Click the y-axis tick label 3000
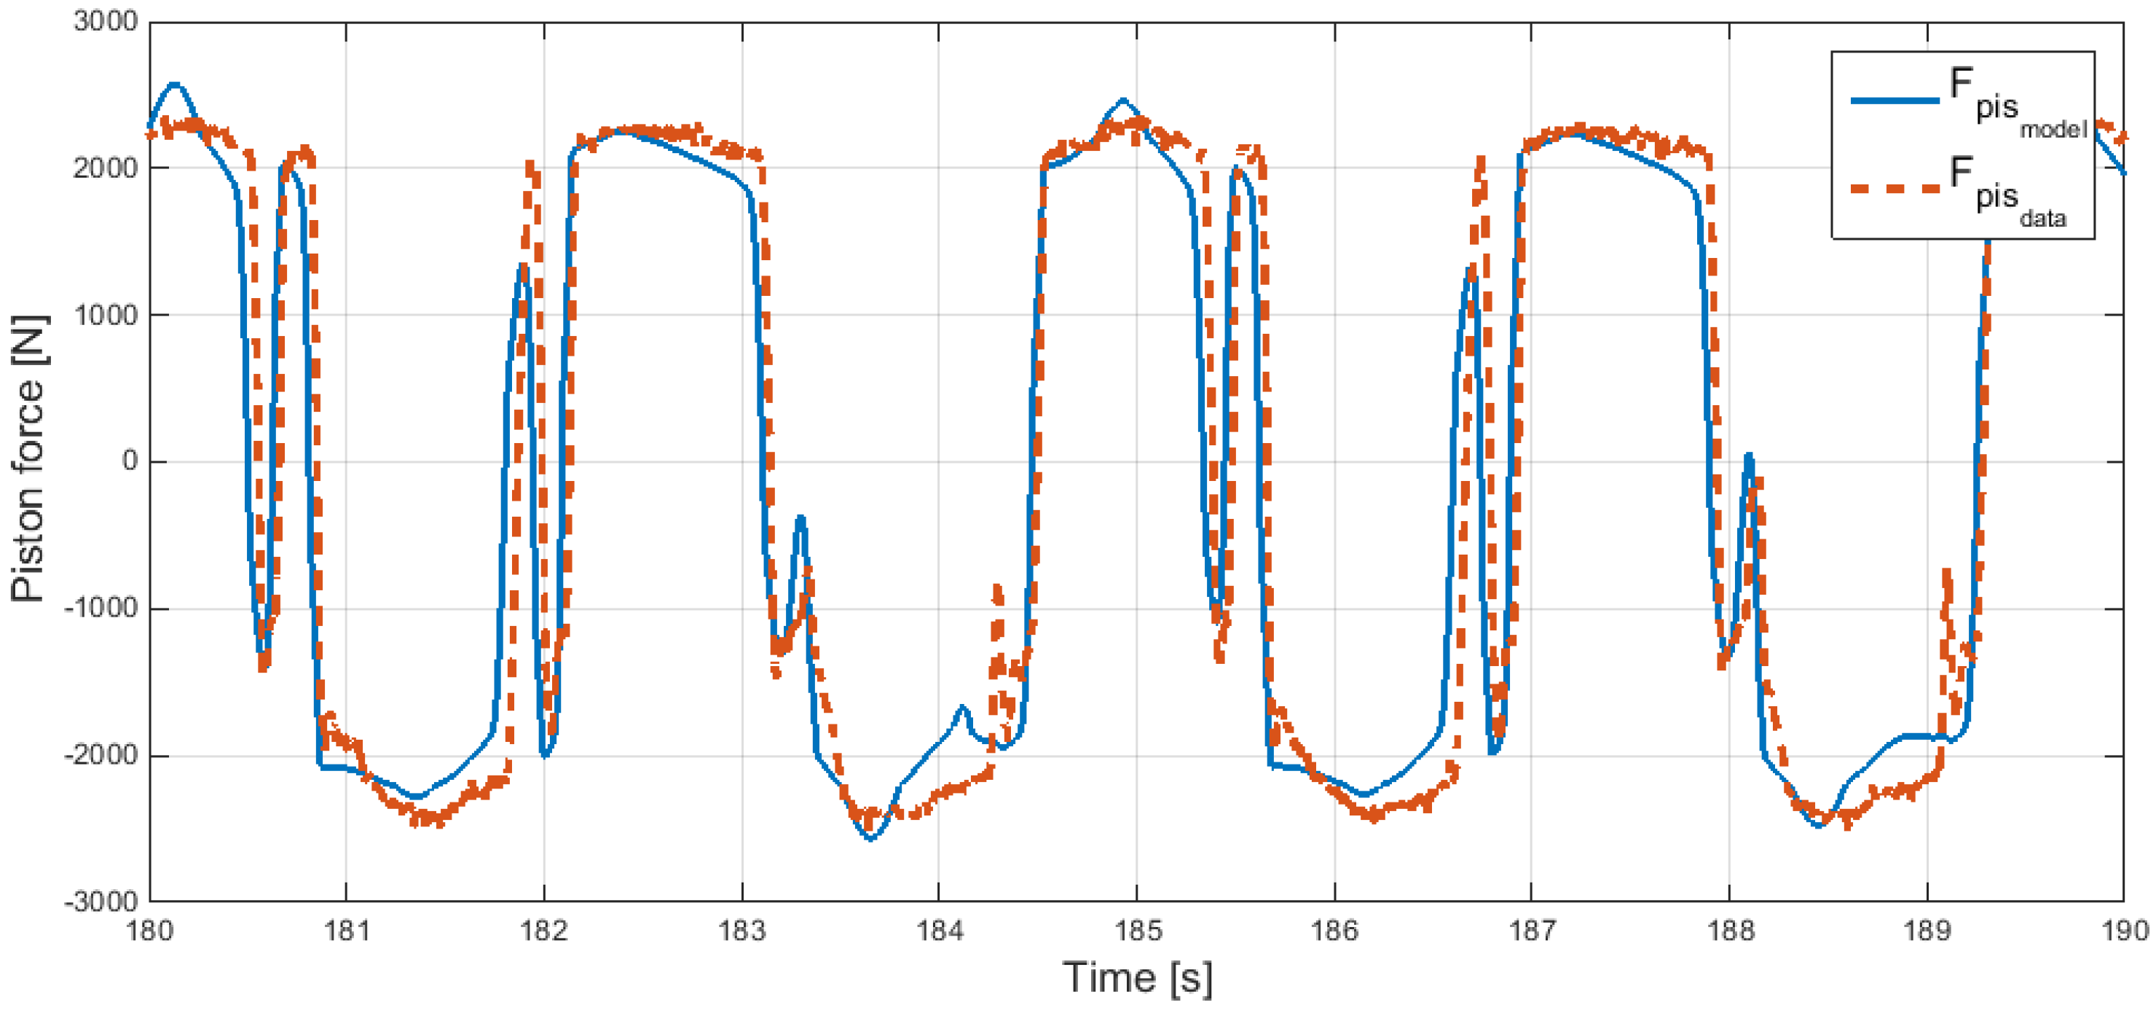[105, 21]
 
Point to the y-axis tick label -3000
[101, 901]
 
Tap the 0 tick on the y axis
[130, 461]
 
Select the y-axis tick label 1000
[105, 315]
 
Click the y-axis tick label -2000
[101, 755]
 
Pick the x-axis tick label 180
[149, 931]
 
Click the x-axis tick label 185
[1136, 931]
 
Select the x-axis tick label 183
[741, 931]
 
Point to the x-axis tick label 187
[1532, 931]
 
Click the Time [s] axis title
[1136, 977]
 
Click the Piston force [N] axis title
[29, 459]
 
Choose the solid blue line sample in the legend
[1895, 101]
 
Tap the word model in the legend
[2053, 129]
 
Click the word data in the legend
[2042, 219]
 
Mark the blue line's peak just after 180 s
[174, 84]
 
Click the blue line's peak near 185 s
[1123, 100]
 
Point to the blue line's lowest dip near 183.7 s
[870, 839]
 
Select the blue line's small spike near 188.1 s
[1748, 455]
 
